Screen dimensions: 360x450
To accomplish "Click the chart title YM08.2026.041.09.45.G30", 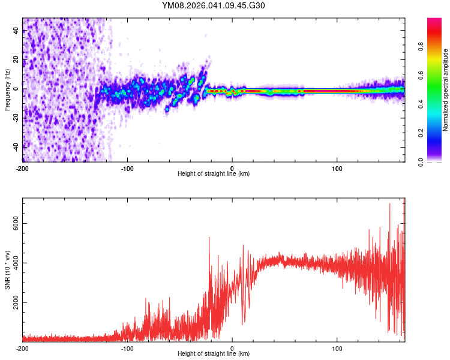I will click(x=213, y=5).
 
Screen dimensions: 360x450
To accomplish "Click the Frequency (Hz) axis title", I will click(x=7, y=90).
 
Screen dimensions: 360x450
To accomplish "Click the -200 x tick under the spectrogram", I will click(x=22, y=168).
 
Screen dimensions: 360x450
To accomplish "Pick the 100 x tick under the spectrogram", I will click(x=337, y=168).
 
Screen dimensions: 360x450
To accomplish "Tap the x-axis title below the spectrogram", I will click(x=213, y=174).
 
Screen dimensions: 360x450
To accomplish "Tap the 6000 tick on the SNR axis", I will click(x=14, y=223).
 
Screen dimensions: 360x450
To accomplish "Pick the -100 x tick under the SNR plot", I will click(x=127, y=348).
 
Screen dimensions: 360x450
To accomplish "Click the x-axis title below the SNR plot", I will click(x=213, y=354).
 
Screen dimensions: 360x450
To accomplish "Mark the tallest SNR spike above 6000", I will click(x=390, y=204).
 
